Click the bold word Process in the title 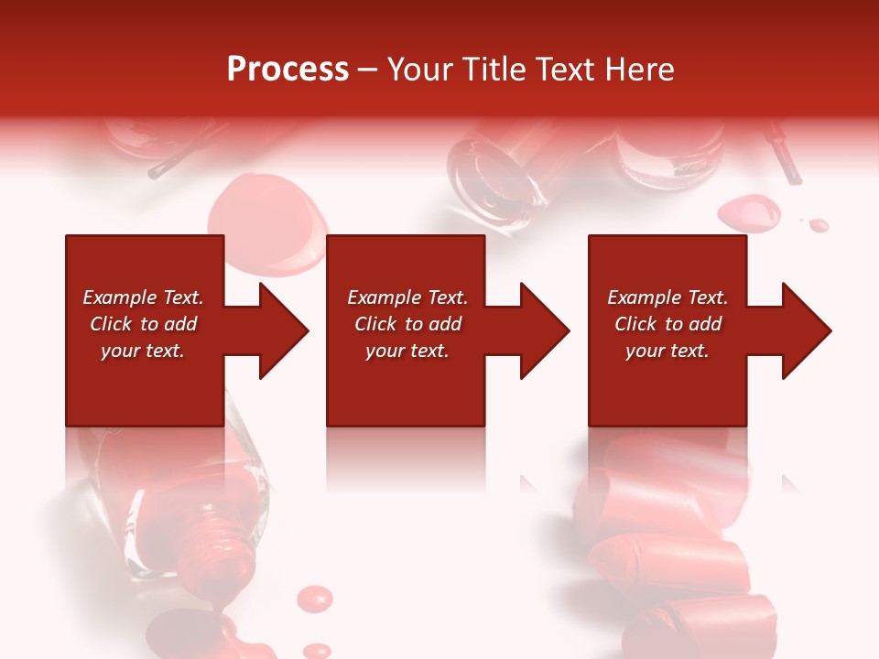tap(288, 70)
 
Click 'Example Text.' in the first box tap(143, 297)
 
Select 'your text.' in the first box tap(143, 351)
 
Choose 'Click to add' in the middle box tap(407, 324)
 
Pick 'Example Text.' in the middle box tap(407, 297)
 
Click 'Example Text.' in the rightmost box tap(667, 297)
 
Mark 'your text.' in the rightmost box tap(667, 351)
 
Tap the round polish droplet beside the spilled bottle tap(316, 600)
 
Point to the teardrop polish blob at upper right tap(748, 214)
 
